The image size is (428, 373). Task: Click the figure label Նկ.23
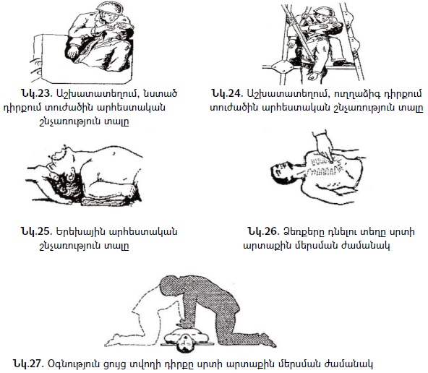click(36, 93)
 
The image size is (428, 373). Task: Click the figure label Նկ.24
click(227, 93)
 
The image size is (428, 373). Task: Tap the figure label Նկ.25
click(36, 231)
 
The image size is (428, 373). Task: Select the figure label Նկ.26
click(264, 231)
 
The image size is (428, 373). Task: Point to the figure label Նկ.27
click(28, 364)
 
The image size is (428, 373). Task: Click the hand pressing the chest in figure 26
click(325, 147)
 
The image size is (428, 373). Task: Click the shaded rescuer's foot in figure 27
click(265, 340)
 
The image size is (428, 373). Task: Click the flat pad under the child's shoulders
click(103, 202)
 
